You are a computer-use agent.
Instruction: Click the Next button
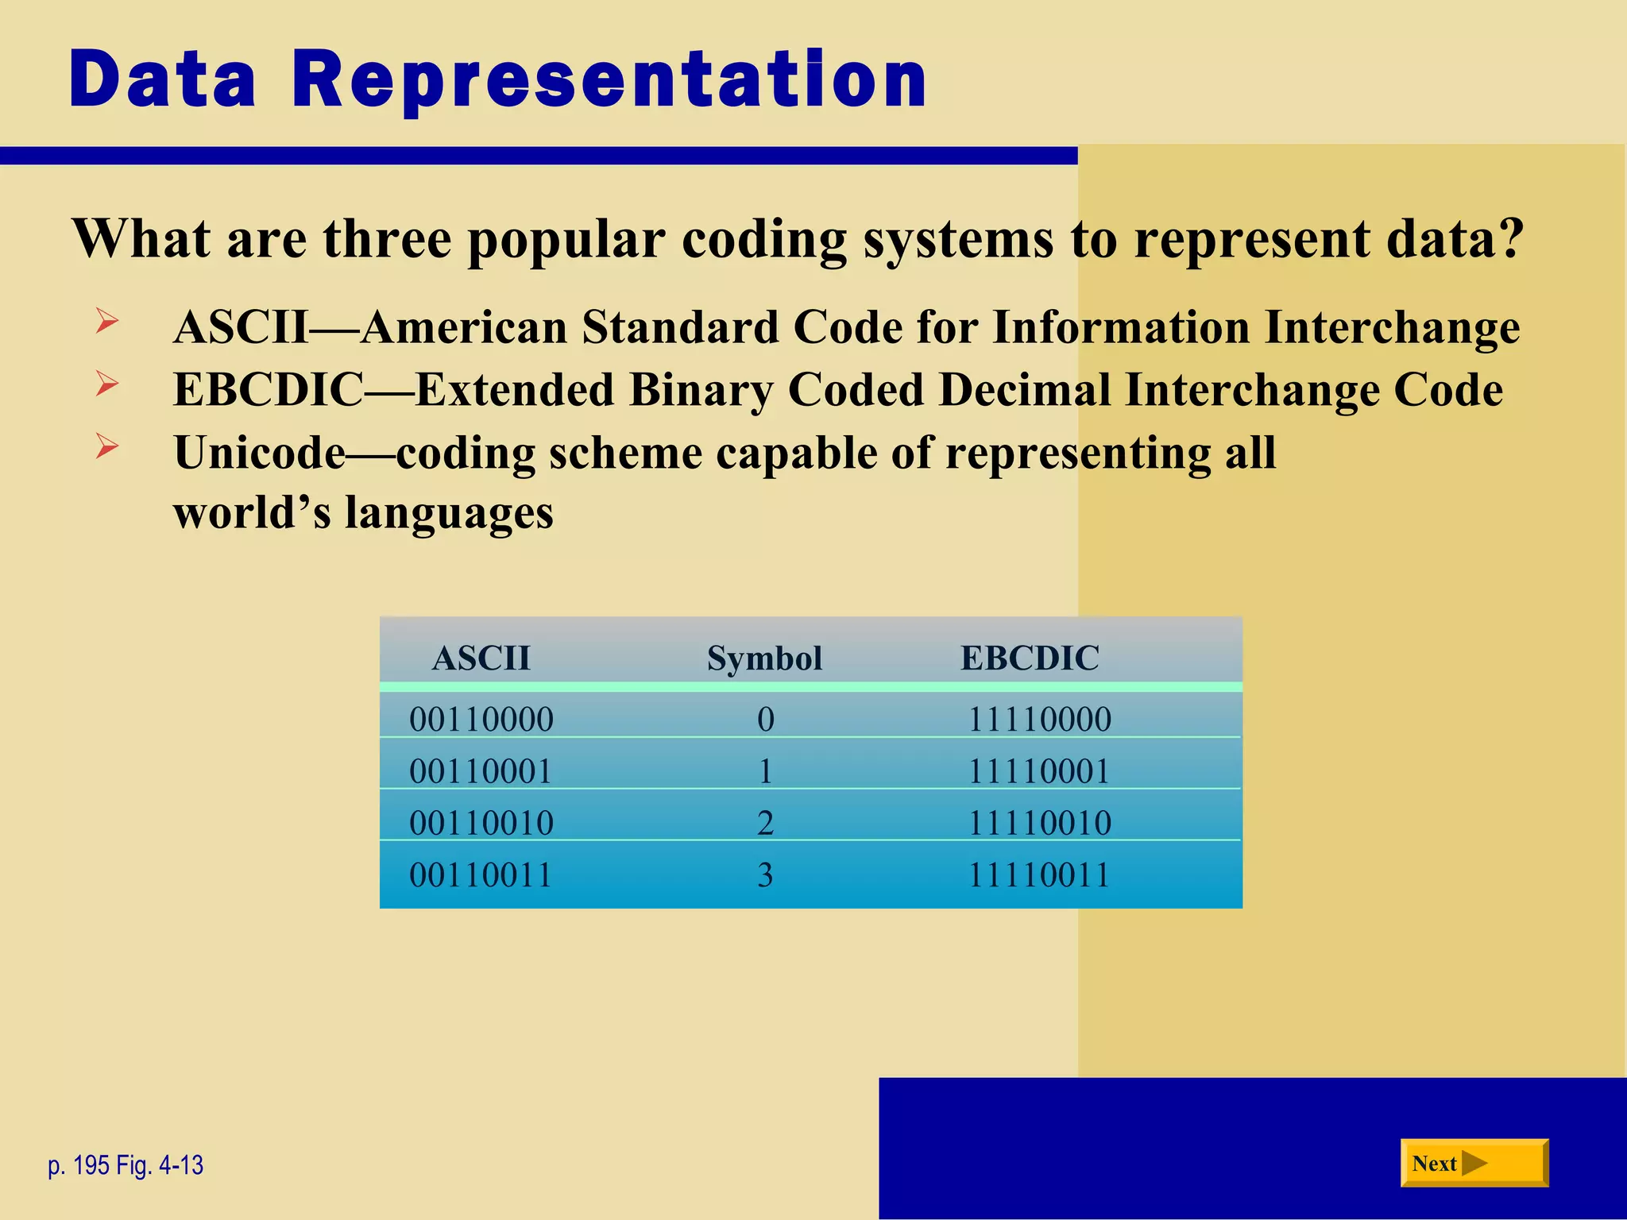coord(1473,1163)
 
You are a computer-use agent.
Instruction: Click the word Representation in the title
coord(609,79)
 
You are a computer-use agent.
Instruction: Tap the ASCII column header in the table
coord(481,658)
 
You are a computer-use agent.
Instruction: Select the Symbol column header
coord(764,658)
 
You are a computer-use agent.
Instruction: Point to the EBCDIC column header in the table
coord(1030,658)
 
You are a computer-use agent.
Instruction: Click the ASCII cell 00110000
coord(481,719)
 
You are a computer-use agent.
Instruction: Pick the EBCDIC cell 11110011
coord(1038,874)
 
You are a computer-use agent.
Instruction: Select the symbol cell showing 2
coord(765,823)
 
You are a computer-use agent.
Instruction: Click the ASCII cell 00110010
coord(481,823)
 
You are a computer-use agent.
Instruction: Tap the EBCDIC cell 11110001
coord(1038,771)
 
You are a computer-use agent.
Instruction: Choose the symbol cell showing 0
coord(765,719)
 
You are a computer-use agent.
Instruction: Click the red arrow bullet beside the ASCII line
coord(107,322)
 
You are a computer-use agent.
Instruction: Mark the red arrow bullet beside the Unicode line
coord(107,446)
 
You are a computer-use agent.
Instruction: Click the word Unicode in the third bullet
coord(260,453)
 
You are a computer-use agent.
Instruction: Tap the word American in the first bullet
coord(464,327)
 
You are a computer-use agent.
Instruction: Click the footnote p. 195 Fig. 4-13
coord(126,1165)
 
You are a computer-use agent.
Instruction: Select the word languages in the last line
coord(449,512)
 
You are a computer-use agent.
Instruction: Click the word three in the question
coord(387,238)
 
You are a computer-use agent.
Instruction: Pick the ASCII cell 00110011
coord(481,874)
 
